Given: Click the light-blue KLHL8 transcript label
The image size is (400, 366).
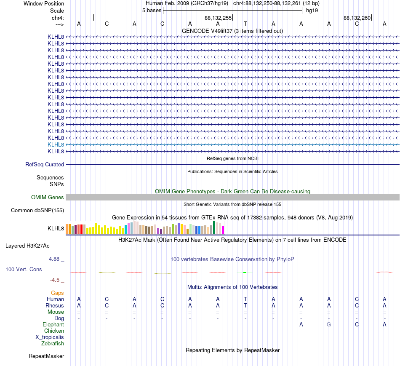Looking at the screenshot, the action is (56, 145).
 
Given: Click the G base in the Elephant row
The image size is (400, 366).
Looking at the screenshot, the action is (329, 325).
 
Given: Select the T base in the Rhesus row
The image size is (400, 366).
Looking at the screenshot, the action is (245, 305).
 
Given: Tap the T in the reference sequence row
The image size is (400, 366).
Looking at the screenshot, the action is (245, 24).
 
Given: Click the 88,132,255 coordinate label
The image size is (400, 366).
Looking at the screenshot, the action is (218, 18).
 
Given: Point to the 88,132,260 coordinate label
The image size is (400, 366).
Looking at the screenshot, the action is (357, 18).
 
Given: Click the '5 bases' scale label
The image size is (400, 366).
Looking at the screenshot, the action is (152, 11).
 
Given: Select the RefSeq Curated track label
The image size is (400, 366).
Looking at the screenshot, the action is (45, 164).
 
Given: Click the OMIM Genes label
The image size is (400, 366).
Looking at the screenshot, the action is (48, 197).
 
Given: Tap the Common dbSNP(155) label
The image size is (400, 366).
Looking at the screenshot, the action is (37, 210).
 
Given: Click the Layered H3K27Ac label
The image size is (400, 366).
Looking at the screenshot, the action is (27, 246).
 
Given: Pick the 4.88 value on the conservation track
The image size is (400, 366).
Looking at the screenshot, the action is (54, 259).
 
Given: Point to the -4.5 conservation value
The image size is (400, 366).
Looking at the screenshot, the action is (55, 280).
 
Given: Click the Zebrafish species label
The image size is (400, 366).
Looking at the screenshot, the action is (53, 344).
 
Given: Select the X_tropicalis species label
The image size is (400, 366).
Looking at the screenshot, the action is (50, 337).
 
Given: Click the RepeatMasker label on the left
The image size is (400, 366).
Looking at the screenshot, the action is (46, 356).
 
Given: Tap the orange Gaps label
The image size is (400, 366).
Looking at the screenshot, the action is (57, 293).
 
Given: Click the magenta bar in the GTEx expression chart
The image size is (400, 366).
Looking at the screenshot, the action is (223, 230).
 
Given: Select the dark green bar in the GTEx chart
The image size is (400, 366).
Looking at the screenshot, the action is (214, 227).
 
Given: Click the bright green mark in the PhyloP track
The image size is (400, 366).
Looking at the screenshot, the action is (245, 272).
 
